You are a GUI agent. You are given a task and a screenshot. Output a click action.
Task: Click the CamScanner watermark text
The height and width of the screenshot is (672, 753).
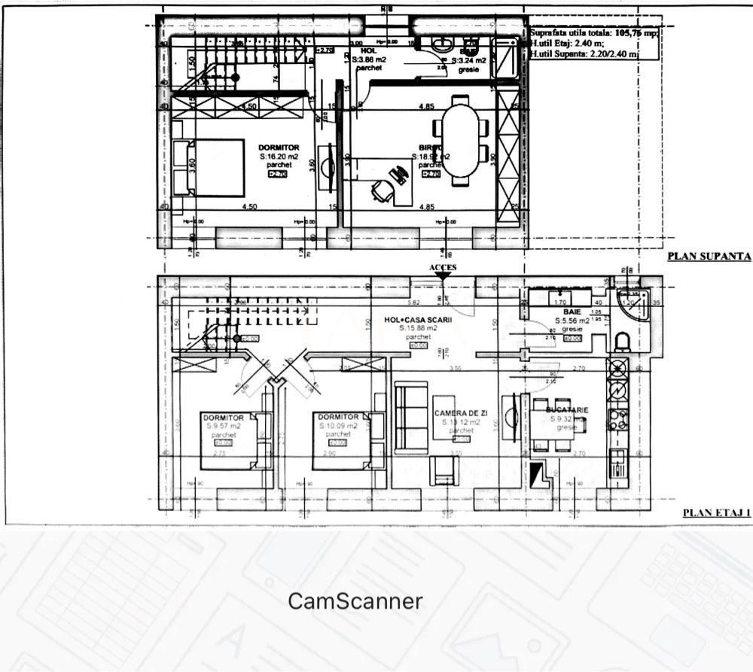[x=355, y=601]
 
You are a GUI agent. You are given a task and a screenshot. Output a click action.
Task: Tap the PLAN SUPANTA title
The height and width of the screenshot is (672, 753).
[x=709, y=256]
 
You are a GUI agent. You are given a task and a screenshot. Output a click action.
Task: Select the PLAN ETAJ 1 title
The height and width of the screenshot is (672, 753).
[x=717, y=512]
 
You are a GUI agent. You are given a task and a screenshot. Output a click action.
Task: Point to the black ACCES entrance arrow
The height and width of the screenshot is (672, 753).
[x=443, y=276]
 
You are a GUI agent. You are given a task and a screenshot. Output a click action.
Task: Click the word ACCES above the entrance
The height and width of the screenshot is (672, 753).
[x=443, y=267]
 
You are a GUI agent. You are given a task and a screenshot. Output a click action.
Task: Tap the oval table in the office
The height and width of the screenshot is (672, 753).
[x=460, y=142]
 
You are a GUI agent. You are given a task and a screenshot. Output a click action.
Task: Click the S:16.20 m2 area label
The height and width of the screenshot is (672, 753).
[x=279, y=157]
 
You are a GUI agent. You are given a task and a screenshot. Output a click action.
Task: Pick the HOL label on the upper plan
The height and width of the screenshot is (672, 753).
[x=368, y=50]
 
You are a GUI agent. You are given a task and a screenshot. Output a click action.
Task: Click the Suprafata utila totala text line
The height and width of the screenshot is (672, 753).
[x=594, y=33]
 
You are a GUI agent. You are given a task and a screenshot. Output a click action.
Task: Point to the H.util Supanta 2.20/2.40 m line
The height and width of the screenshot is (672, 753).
[x=584, y=54]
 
